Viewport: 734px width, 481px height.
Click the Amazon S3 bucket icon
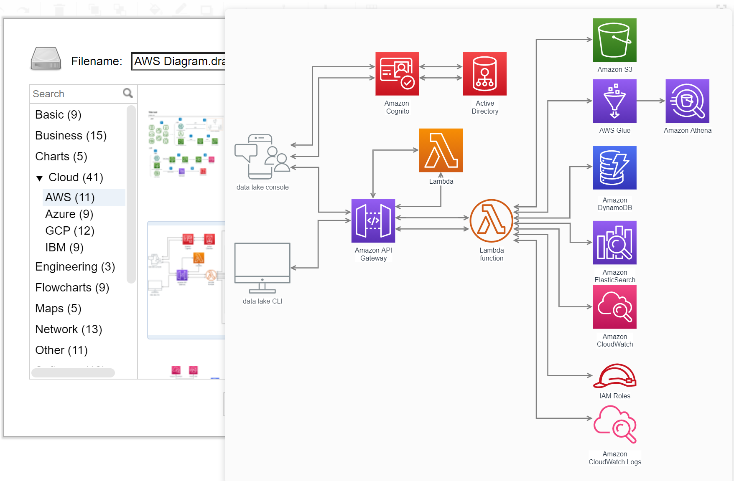614,40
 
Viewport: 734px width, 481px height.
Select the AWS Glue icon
614,101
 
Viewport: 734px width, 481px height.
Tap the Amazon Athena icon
687,101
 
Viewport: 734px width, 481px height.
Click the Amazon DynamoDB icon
614,167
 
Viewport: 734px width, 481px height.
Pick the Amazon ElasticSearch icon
614,243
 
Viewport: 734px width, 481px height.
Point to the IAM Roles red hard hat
614,376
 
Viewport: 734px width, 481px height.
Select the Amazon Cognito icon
397,73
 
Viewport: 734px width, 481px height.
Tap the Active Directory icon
484,73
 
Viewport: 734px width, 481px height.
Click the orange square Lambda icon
441,150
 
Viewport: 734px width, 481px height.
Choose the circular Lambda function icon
491,221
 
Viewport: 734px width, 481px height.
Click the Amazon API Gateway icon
373,221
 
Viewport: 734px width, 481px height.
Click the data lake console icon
263,157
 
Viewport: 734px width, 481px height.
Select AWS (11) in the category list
70,197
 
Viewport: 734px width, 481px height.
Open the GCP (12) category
70,230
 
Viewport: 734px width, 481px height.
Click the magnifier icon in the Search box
128,93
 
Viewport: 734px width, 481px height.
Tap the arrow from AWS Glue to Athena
651,101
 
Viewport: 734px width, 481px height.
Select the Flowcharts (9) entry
72,287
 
